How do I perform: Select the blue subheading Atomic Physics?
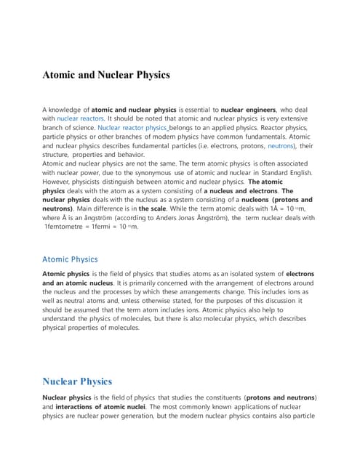pyautogui.click(x=70, y=259)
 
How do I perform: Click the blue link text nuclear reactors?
pyautogui.click(x=80, y=117)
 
